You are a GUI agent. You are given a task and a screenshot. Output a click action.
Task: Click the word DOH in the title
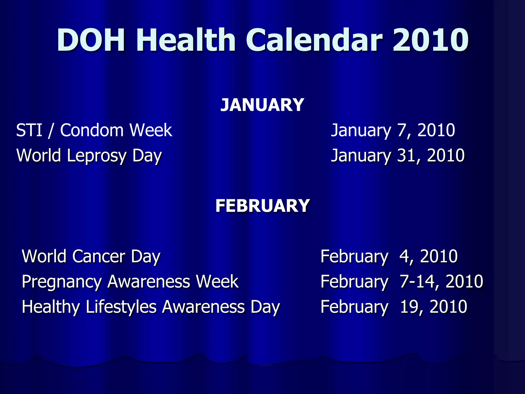coord(91,40)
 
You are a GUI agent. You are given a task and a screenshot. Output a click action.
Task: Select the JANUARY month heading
coord(262,105)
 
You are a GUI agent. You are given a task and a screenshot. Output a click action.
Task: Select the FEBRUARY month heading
coord(262,206)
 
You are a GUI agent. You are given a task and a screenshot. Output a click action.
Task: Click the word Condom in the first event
coord(92,130)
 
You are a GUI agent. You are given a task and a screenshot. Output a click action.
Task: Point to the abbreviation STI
coord(29,130)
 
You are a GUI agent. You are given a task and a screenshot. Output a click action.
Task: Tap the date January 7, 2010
coord(393,130)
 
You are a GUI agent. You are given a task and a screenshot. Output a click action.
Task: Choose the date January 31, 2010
coord(397,156)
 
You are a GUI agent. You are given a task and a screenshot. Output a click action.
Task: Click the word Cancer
coord(99,256)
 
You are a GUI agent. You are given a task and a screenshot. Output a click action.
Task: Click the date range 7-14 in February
coord(421,281)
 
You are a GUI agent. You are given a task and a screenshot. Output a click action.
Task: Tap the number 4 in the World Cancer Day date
coord(405,256)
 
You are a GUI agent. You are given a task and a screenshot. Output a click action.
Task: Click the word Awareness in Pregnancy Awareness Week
coord(148,282)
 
